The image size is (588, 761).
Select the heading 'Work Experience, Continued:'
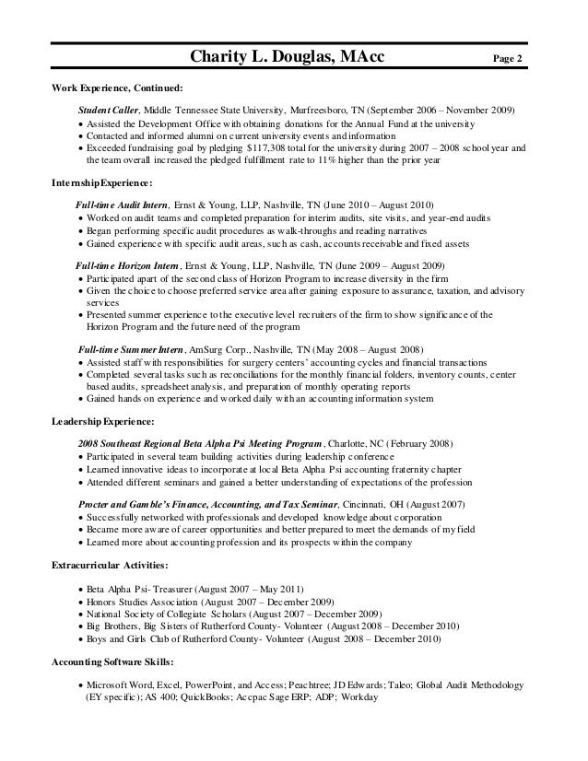(115, 88)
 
